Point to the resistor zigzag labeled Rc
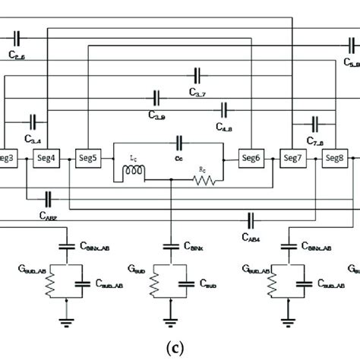pos(205,180)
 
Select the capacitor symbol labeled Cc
pos(179,141)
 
